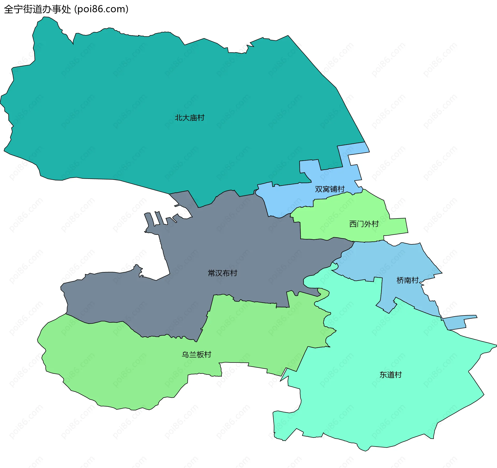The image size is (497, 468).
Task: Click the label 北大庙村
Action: click(189, 118)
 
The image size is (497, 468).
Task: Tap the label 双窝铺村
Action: click(330, 189)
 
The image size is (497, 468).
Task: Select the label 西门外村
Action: click(364, 224)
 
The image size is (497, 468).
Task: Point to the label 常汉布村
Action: click(223, 273)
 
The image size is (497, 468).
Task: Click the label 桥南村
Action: click(407, 280)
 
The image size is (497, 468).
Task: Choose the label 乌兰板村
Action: click(196, 354)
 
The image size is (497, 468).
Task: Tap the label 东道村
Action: click(390, 375)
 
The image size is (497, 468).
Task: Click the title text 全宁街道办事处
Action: click(38, 9)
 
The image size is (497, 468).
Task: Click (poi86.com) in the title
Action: click(101, 9)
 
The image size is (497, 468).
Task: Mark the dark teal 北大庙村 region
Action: click(155, 90)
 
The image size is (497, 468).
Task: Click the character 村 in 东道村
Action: click(398, 375)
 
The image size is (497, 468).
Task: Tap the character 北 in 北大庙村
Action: click(178, 118)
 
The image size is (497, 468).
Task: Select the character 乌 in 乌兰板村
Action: click(185, 354)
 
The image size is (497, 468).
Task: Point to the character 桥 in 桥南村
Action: click(400, 280)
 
